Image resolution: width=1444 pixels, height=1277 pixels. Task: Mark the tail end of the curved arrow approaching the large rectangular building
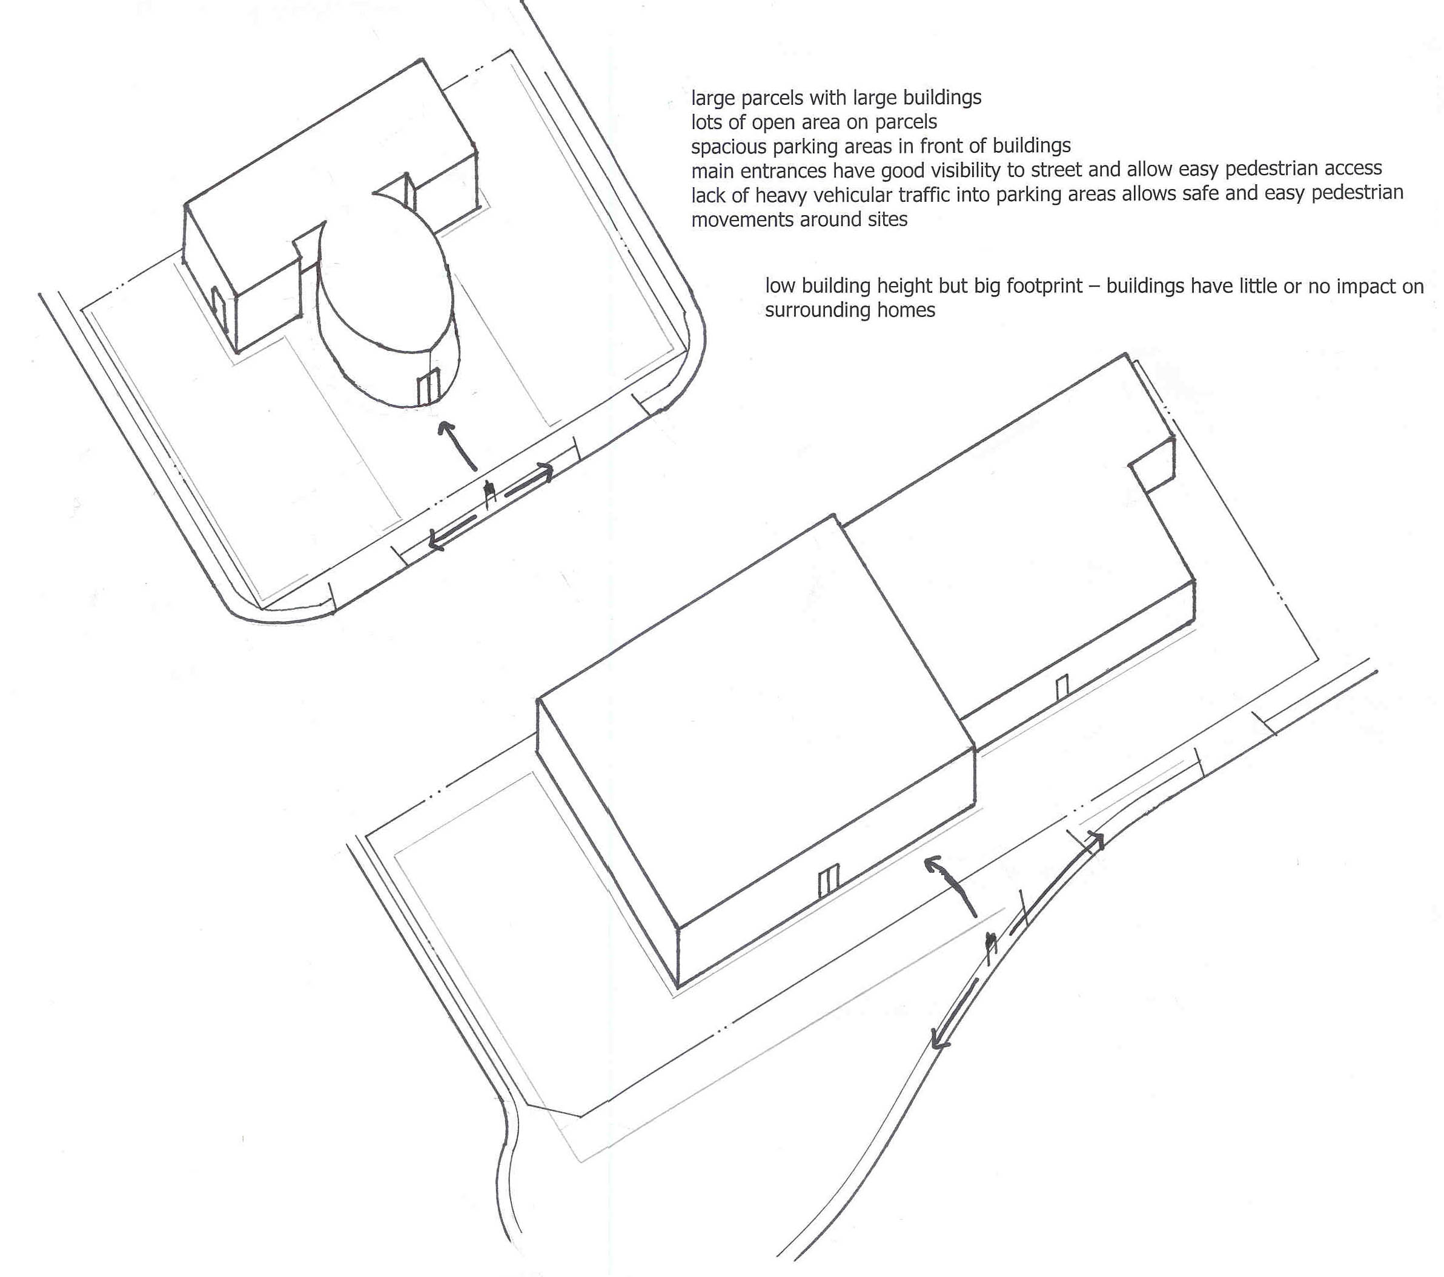(976, 917)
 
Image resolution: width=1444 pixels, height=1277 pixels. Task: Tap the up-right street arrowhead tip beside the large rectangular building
(1103, 835)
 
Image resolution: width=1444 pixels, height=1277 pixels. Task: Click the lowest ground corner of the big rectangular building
(678, 987)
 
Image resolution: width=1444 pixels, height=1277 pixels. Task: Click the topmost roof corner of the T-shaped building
(422, 59)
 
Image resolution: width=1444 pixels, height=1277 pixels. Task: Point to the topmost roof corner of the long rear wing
(1126, 353)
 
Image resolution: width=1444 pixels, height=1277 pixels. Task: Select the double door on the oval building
(428, 388)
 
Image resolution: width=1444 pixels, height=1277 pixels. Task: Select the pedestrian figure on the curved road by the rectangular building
(990, 948)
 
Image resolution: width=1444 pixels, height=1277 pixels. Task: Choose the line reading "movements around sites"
(799, 220)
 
